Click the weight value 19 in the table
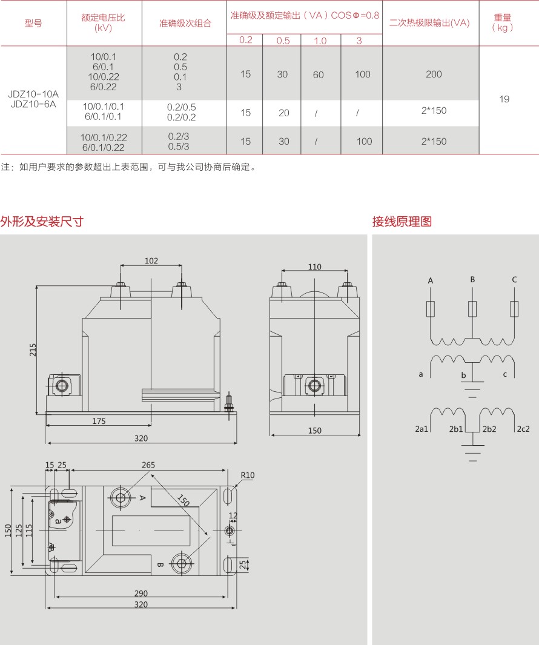504,99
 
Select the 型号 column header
33,24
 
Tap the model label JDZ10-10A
33,94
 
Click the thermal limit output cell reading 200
434,74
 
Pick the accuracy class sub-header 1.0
320,41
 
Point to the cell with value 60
319,75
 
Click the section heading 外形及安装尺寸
42,222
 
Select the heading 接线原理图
402,222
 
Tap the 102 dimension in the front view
151,261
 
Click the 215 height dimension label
33,350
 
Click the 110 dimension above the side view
314,266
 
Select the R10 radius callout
248,475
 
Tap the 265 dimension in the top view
148,465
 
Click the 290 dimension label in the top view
141,594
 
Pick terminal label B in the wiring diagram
472,279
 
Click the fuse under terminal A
431,309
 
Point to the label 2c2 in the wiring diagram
523,429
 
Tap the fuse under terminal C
514,309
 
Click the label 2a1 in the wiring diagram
422,429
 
